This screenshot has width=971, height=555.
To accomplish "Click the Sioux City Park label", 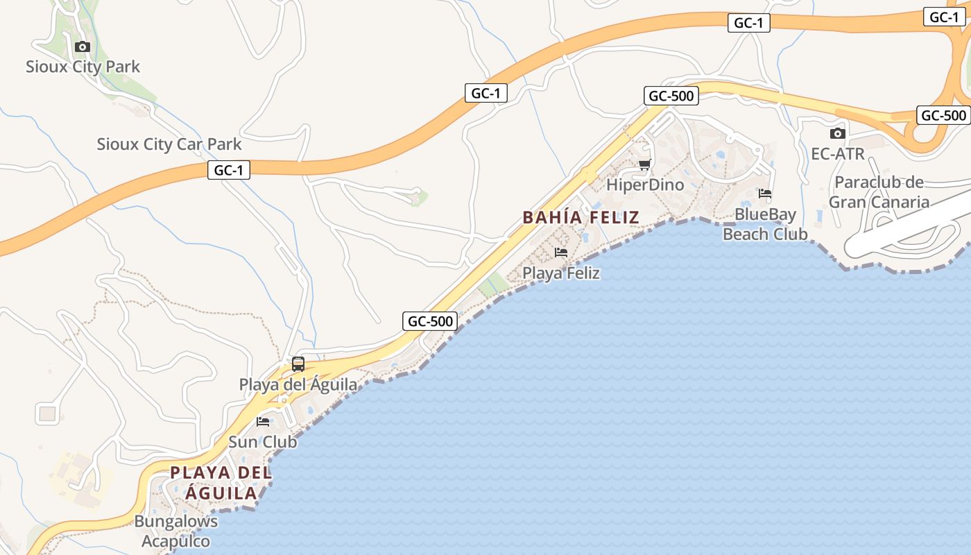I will (83, 67).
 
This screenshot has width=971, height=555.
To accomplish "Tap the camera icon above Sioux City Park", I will (83, 47).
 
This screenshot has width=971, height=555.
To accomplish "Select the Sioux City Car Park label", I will (169, 144).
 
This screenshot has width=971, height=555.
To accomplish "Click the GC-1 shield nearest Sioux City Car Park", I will (228, 169).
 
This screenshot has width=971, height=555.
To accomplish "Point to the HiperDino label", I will (645, 185).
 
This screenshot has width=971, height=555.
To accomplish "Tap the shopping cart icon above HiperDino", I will (645, 165).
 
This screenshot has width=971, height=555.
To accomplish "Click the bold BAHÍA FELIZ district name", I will (581, 217).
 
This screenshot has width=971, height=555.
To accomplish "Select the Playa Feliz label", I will (561, 273).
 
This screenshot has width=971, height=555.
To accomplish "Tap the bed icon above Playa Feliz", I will (561, 253).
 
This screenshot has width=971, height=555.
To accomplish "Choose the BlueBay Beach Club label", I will (765, 224).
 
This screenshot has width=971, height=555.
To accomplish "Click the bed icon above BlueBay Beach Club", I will (765, 194).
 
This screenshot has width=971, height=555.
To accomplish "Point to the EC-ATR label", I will (838, 153).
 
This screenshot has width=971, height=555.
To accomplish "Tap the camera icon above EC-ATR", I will (838, 133).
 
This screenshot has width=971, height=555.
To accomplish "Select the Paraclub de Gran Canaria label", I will (879, 192).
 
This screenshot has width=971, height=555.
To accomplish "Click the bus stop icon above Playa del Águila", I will (298, 364).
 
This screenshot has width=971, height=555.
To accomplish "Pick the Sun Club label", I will (263, 442).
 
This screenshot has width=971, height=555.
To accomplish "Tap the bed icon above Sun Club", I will (263, 421).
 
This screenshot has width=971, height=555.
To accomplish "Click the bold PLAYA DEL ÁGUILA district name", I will (221, 483).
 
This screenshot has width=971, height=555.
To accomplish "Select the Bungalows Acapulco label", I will (175, 531).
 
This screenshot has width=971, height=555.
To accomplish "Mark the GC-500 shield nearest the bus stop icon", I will (430, 321).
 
